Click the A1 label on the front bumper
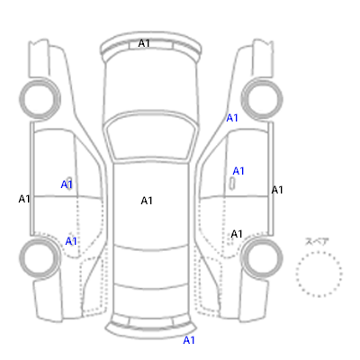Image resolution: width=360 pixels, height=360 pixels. click(144, 43)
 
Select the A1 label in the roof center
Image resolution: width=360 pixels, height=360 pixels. click(147, 201)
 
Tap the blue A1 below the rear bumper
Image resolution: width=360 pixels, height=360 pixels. click(189, 340)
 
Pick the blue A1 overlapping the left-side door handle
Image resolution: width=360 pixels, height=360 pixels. click(67, 184)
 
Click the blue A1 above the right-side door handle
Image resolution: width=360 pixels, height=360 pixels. click(238, 171)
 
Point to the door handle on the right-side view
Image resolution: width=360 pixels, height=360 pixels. click(232, 184)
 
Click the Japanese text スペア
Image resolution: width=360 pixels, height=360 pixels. click(317, 241)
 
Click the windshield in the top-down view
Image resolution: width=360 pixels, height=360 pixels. click(151, 137)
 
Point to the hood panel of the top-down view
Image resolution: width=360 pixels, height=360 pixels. click(151, 87)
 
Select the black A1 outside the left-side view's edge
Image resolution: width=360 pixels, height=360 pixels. click(24, 199)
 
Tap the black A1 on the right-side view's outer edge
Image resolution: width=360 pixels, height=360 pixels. click(277, 190)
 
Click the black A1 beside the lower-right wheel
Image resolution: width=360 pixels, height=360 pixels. click(237, 234)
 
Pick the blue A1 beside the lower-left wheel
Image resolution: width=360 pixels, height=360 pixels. click(71, 241)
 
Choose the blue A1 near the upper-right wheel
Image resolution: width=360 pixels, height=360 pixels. click(232, 118)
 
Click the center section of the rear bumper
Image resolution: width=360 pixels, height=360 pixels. click(151, 322)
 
